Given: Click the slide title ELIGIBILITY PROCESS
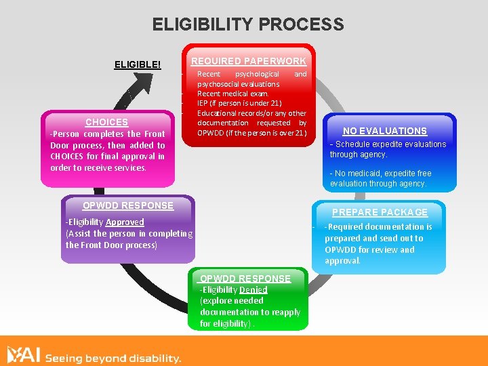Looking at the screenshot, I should click(x=248, y=25).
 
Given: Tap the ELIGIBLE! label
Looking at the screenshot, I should click(x=138, y=64).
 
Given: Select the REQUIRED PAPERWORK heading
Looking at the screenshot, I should click(x=249, y=61).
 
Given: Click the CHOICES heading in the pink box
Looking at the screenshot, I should click(x=106, y=122).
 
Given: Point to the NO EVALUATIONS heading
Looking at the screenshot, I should click(x=384, y=131).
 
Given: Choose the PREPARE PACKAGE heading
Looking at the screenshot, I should click(x=380, y=212).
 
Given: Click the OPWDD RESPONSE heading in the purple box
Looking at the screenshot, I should click(x=127, y=205).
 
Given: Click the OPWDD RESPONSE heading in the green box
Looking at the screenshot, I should click(x=245, y=278).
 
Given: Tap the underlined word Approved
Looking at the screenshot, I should click(x=125, y=222).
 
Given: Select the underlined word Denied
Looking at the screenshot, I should click(x=253, y=289).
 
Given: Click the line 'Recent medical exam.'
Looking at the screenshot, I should click(x=232, y=94).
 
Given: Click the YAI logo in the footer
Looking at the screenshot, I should click(x=24, y=355).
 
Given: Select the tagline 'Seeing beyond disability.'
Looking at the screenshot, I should click(x=113, y=358).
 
